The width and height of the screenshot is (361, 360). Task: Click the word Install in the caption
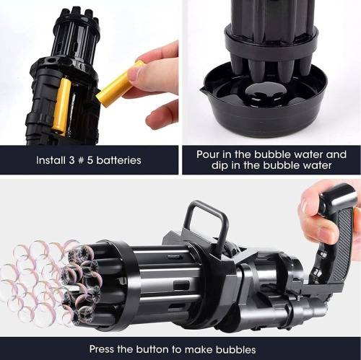(x=51, y=160)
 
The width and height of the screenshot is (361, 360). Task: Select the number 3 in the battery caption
(x=71, y=160)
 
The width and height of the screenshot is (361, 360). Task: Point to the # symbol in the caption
(x=81, y=160)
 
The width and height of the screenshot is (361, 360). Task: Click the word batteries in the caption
(x=118, y=160)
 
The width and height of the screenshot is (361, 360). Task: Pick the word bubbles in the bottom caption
(x=235, y=349)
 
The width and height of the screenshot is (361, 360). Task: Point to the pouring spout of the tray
(x=203, y=91)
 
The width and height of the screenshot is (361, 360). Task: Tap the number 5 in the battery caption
(x=90, y=160)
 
